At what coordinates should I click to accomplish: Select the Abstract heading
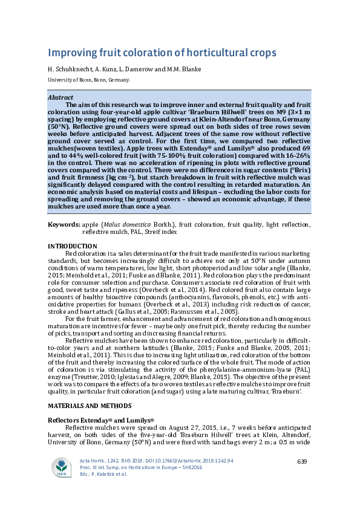coord(61,97)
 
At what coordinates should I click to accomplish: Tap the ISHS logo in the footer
coord(61,467)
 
